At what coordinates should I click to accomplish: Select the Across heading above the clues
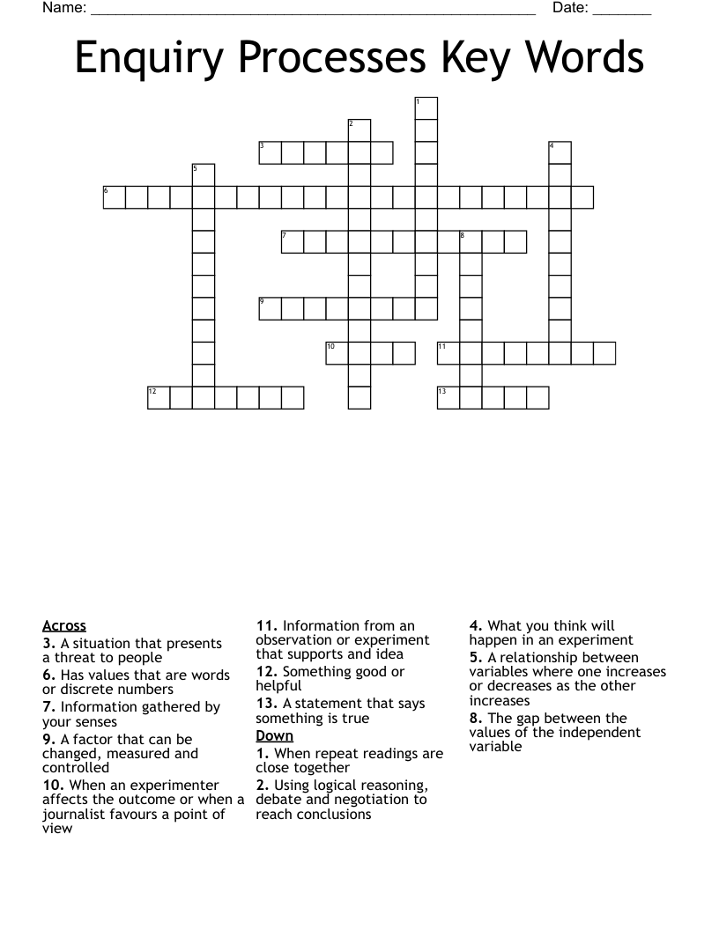(x=64, y=626)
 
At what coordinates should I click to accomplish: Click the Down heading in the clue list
(x=275, y=735)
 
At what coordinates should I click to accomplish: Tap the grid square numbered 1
(x=426, y=108)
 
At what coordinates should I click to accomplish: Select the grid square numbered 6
(x=115, y=197)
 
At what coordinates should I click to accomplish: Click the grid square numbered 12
(x=159, y=398)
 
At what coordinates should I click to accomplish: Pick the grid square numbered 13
(x=448, y=398)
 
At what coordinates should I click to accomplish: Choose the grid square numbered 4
(x=560, y=152)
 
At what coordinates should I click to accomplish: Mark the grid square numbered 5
(x=204, y=174)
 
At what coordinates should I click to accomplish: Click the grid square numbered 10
(x=337, y=353)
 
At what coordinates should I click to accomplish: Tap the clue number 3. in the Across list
(x=49, y=644)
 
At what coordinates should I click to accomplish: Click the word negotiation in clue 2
(x=389, y=800)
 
